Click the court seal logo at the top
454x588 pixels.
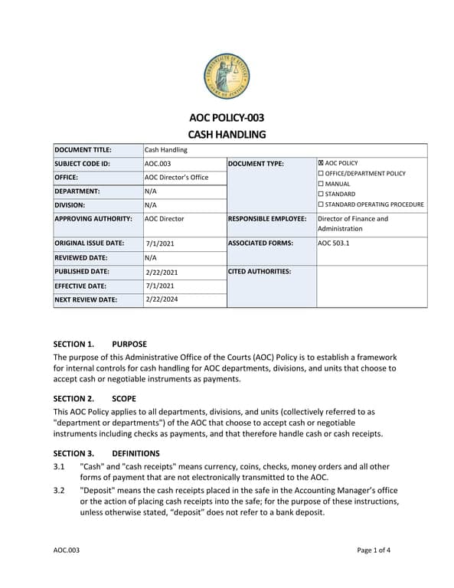(227, 77)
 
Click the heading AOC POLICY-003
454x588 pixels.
(227, 118)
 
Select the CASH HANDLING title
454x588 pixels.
(227, 135)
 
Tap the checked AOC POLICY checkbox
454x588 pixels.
(321, 164)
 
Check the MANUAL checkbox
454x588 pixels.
(321, 184)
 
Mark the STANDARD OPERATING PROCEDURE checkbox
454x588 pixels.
(321, 204)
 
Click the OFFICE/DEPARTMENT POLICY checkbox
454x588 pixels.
(321, 174)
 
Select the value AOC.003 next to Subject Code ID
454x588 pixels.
(158, 164)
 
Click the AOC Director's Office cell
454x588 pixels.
(176, 178)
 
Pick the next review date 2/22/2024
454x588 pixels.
(162, 299)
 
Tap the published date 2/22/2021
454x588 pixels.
(162, 272)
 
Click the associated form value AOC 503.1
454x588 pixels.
(335, 243)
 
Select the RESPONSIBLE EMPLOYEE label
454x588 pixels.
(267, 218)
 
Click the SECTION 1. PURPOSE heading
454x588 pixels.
(100, 344)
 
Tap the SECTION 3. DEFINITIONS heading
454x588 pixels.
(106, 453)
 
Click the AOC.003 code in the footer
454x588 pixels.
(66, 550)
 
